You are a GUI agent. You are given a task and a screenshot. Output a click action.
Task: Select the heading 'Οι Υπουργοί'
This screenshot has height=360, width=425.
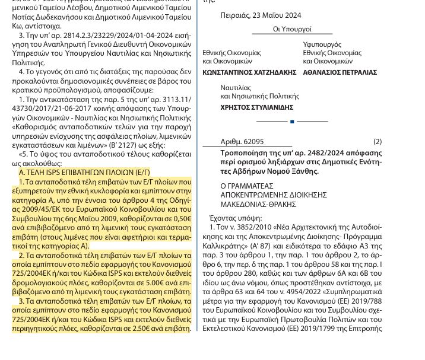click(292, 29)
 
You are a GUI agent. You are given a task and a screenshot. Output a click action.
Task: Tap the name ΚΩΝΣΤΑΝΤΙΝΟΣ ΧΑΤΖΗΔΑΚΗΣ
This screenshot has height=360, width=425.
click(249, 72)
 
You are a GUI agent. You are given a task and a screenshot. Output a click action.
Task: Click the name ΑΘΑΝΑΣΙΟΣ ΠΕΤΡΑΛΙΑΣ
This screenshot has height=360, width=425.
click(340, 72)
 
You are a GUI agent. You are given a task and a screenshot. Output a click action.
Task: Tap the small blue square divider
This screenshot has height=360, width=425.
click(292, 122)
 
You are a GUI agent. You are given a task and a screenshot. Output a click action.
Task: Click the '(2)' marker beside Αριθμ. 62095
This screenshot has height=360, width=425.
click(378, 142)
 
